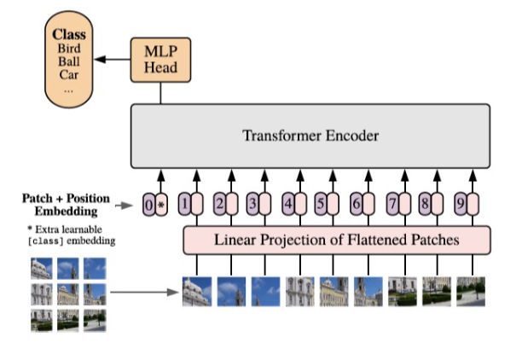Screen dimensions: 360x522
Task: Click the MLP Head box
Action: [x=159, y=60]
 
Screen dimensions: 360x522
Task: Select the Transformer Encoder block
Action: [x=310, y=136]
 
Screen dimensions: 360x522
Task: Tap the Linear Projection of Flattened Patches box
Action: [x=337, y=240]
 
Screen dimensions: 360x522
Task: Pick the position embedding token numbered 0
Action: [x=149, y=205]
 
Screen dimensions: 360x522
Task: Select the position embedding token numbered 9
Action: [x=461, y=205]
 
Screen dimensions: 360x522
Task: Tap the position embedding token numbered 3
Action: [x=252, y=205]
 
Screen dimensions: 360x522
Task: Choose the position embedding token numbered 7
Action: [x=391, y=205]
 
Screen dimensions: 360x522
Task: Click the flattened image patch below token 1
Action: [x=197, y=291]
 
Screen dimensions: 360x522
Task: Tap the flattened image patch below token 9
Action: [x=472, y=291]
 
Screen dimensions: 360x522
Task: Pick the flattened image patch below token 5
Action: [x=334, y=291]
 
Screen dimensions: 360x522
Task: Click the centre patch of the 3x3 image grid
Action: [x=67, y=294]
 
